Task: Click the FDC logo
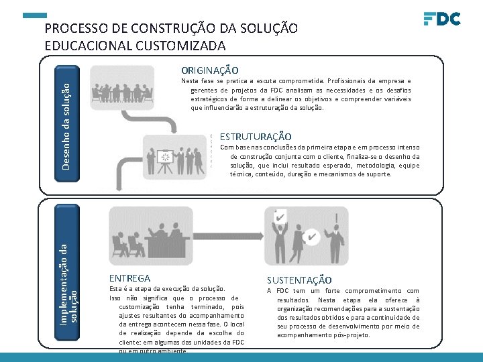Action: tap(442, 18)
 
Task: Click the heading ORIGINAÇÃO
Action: tap(210, 70)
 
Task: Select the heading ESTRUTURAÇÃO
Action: tap(256, 137)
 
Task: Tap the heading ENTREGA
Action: tap(129, 278)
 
